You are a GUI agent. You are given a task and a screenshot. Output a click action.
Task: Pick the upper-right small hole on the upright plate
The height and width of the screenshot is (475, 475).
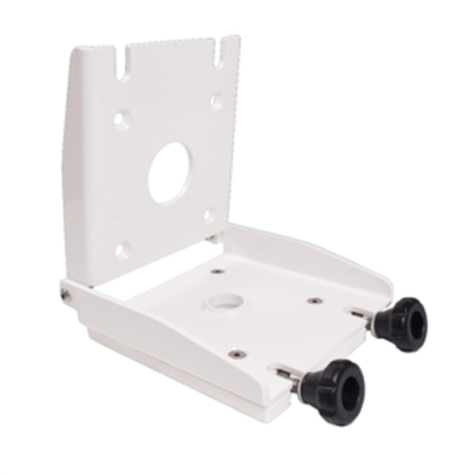[x=216, y=99]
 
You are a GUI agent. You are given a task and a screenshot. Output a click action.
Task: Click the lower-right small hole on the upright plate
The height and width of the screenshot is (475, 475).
[x=210, y=215]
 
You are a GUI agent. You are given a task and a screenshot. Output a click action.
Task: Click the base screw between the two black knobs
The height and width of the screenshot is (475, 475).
[x=315, y=300]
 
